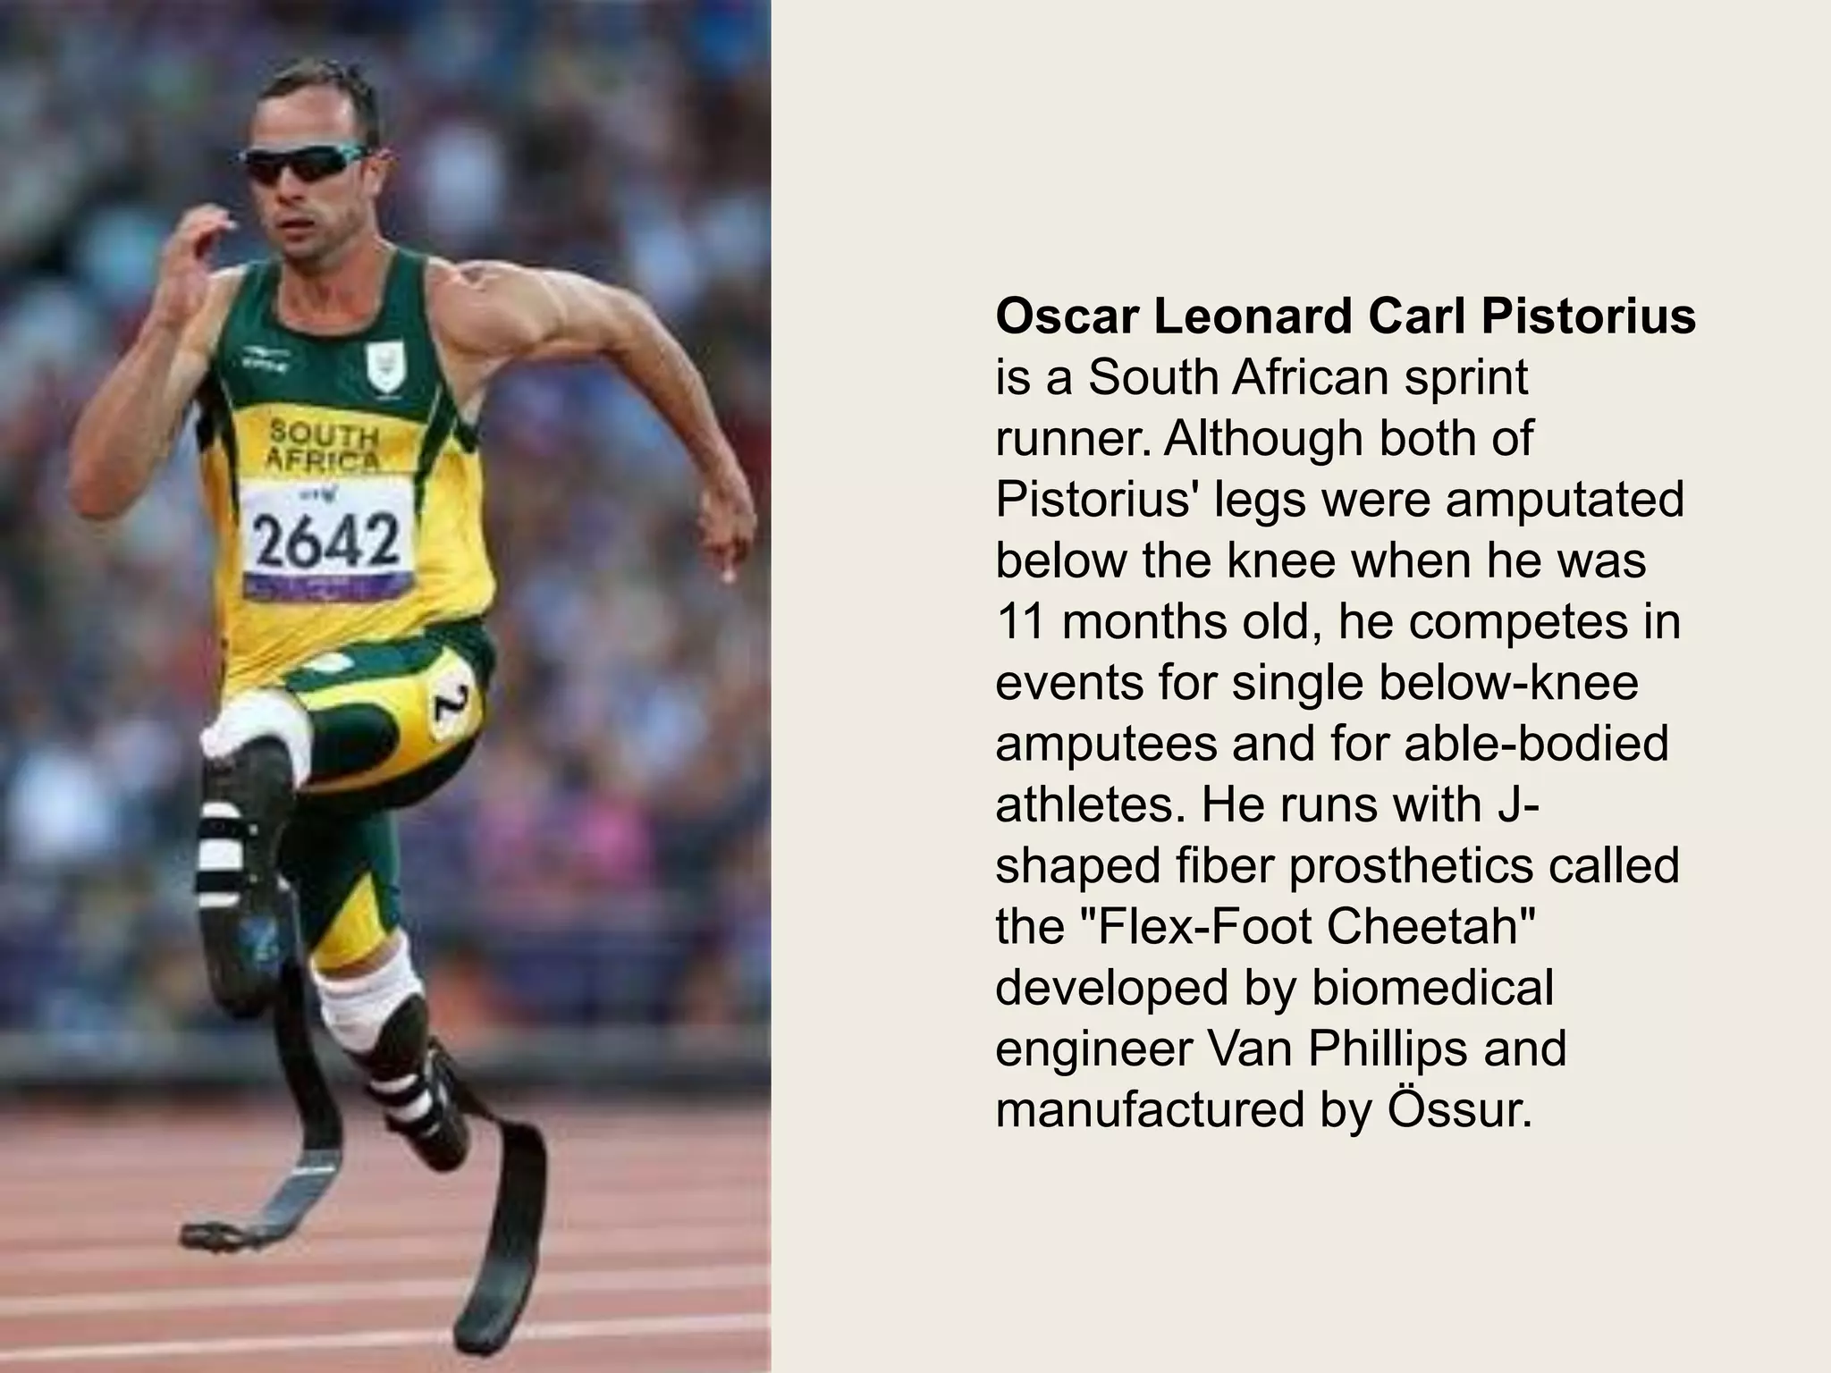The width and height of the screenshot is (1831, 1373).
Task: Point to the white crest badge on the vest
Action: [x=387, y=367]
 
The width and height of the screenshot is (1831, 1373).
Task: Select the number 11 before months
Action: [x=1021, y=621]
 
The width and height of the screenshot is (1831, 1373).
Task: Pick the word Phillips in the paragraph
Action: [x=1381, y=1049]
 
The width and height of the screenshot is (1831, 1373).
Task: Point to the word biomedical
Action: [x=1432, y=987]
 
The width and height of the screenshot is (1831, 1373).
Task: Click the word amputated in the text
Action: [x=1565, y=500]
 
